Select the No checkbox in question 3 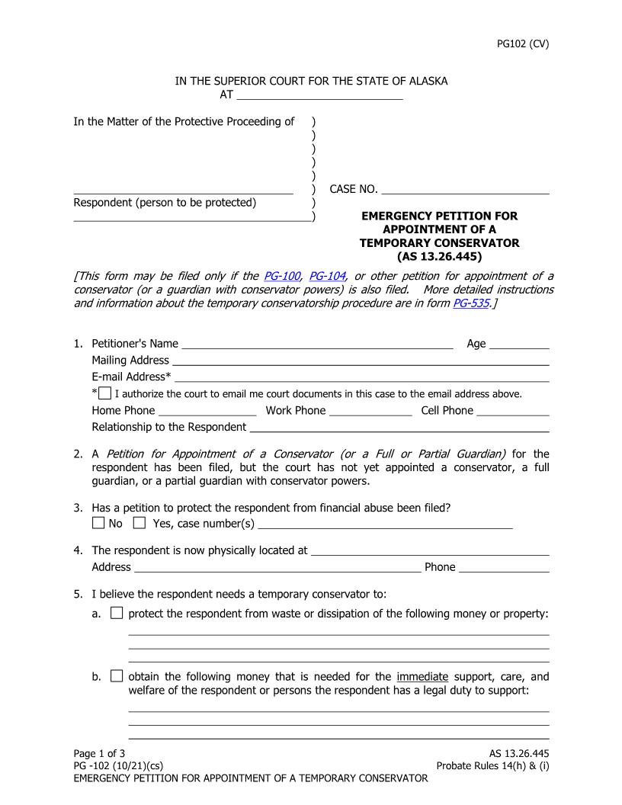pyautogui.click(x=98, y=523)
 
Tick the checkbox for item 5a pyautogui.click(x=117, y=613)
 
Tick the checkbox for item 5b pyautogui.click(x=117, y=676)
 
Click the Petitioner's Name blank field pyautogui.click(x=317, y=343)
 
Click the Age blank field pyautogui.click(x=518, y=343)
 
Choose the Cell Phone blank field pyautogui.click(x=512, y=410)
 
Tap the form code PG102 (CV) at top pyautogui.click(x=522, y=43)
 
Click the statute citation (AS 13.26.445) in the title pyautogui.click(x=439, y=257)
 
